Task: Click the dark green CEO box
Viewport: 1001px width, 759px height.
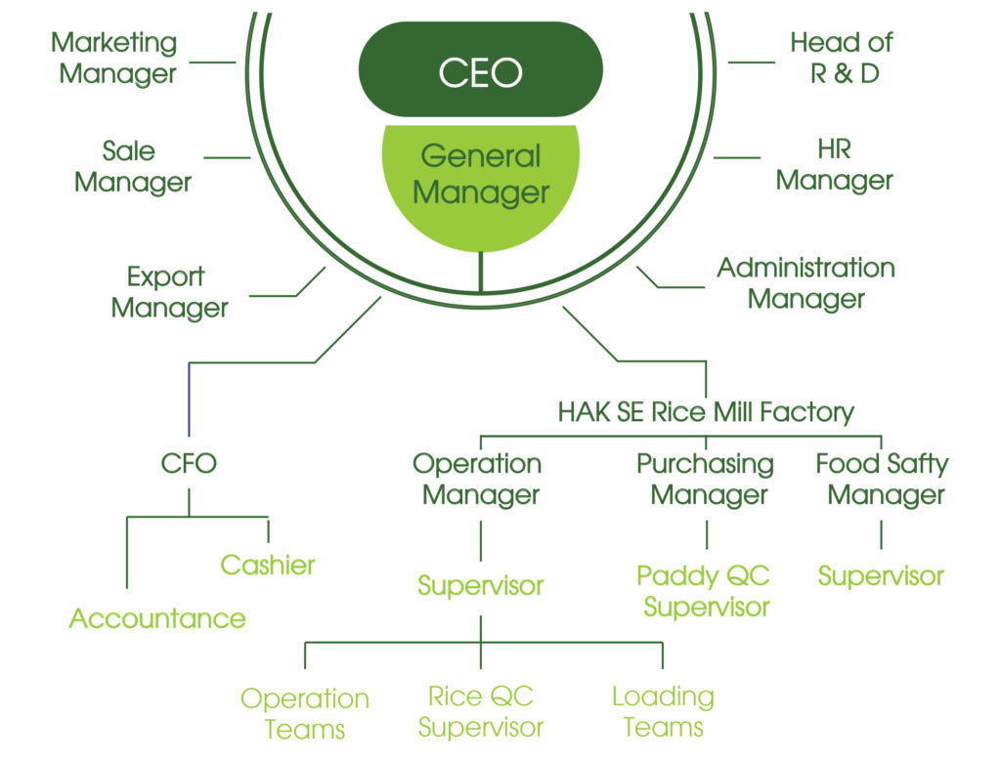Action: pos(480,71)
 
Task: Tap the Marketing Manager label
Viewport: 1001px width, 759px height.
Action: pos(114,58)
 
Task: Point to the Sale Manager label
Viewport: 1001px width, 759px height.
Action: pos(132,166)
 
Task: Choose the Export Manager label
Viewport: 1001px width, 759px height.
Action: pos(169,292)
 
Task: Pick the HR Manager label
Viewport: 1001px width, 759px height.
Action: pos(834,165)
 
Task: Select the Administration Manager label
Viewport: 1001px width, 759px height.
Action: pos(805,282)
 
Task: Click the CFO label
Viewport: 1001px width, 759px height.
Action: pos(189,463)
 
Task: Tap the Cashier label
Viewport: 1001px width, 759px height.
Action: pos(268,564)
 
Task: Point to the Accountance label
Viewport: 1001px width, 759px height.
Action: pos(156,618)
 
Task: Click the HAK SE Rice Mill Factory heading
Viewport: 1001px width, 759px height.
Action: pos(706,411)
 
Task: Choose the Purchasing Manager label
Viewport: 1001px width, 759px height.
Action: pos(706,479)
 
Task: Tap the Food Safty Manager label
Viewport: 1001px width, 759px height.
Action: pos(882,479)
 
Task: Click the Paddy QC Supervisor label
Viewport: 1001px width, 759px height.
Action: pos(705,591)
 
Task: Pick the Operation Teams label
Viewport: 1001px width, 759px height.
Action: pos(305,713)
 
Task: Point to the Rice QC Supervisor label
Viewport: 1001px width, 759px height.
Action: pos(480,711)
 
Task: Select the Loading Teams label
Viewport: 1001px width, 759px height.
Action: pos(663,711)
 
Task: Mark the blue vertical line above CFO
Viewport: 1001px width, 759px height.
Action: pos(189,401)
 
